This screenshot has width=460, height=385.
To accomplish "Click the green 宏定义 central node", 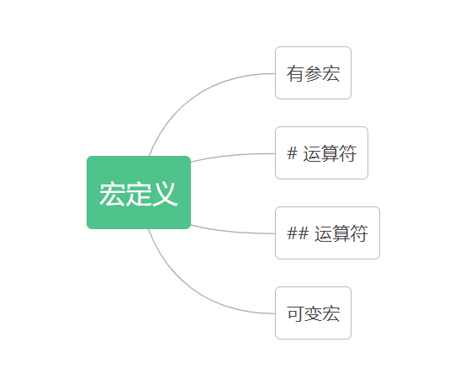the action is [139, 192].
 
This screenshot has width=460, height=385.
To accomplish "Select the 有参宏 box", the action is [313, 73].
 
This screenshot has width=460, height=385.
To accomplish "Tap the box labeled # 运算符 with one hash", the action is [321, 152].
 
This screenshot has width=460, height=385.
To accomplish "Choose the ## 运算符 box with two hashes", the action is [327, 233].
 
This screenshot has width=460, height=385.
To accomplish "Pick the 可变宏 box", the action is [313, 313].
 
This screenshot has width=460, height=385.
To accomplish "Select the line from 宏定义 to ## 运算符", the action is [232, 231].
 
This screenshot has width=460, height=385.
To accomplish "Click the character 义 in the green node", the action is [165, 194].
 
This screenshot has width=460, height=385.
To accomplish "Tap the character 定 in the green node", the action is [139, 194].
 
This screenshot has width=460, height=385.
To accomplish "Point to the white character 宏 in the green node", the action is [113, 194].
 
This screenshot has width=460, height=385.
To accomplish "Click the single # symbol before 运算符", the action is [292, 153].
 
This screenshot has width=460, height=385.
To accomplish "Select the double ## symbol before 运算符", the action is [298, 233].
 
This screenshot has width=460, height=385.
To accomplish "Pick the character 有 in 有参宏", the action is [295, 73].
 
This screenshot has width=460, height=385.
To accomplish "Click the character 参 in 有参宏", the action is [313, 73].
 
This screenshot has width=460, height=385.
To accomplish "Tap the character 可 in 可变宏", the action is [295, 313].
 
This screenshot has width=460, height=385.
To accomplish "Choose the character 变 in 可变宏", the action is [313, 313].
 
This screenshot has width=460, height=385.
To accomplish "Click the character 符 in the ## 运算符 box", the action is [359, 233].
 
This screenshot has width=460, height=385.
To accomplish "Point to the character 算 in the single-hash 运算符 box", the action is [330, 153].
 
